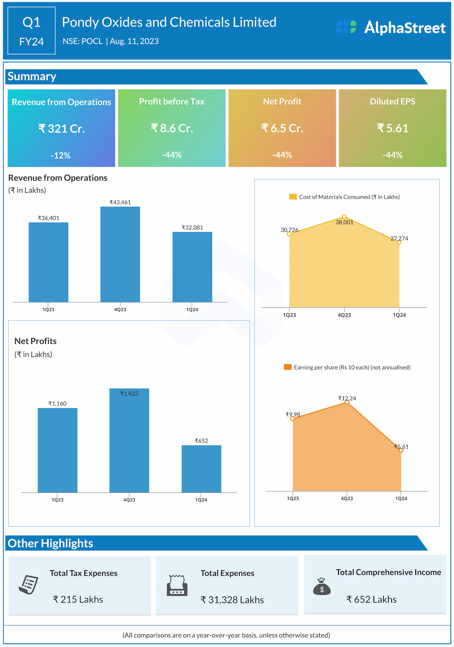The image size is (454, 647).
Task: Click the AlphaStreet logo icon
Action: [x=346, y=27]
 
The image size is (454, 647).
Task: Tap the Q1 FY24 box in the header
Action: [x=32, y=31]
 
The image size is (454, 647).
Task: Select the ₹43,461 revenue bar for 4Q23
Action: [x=120, y=254]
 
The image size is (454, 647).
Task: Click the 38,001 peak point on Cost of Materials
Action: [x=344, y=217]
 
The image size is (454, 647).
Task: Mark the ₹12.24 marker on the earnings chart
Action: [x=347, y=402]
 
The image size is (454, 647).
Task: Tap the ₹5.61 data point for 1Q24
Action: [x=401, y=450]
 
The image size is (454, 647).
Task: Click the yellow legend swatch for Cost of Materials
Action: [x=293, y=197]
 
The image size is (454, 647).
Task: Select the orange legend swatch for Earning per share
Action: [x=288, y=367]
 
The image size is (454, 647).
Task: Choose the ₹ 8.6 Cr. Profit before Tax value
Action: [x=172, y=128]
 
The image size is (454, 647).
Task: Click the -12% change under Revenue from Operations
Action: [x=61, y=155]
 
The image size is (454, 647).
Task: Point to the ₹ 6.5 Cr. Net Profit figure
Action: [x=282, y=128]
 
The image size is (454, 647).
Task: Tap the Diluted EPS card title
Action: [x=393, y=102]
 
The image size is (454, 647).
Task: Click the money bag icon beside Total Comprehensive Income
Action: [x=322, y=586]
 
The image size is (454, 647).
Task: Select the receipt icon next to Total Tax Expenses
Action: [x=29, y=584]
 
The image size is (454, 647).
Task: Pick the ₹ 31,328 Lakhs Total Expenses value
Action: [x=232, y=600]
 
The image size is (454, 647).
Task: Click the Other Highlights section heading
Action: [x=50, y=544]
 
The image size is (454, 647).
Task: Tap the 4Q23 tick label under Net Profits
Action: [x=129, y=500]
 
